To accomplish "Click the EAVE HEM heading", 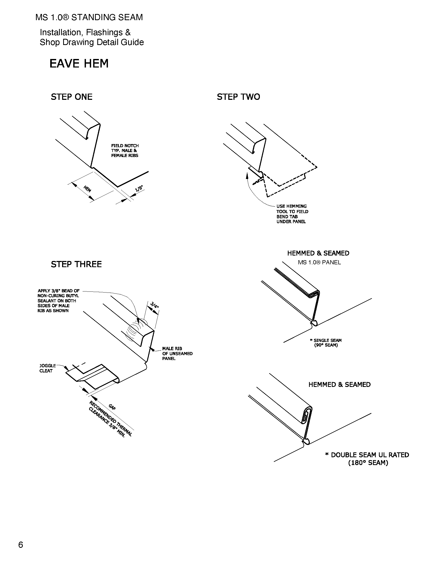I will coord(79,64).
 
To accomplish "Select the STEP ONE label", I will coord(71,97).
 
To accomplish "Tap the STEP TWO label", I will coord(238,97).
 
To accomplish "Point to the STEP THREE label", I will coord(76,264).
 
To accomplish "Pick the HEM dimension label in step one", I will coord(87,189).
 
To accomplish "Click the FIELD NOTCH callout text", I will coord(125,151).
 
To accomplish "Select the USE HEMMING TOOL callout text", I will coord(292,214).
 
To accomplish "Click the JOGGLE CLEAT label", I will coord(46,368).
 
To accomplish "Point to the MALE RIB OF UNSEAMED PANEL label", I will coord(177,354).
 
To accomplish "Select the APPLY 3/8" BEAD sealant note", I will coord(58,301).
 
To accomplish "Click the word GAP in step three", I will coord(112,407).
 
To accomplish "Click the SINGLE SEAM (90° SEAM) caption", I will coord(326,343).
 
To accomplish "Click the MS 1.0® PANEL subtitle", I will coord(319,262).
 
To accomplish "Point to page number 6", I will coord(21,545).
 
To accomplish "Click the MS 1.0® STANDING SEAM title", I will coord(89,17).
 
